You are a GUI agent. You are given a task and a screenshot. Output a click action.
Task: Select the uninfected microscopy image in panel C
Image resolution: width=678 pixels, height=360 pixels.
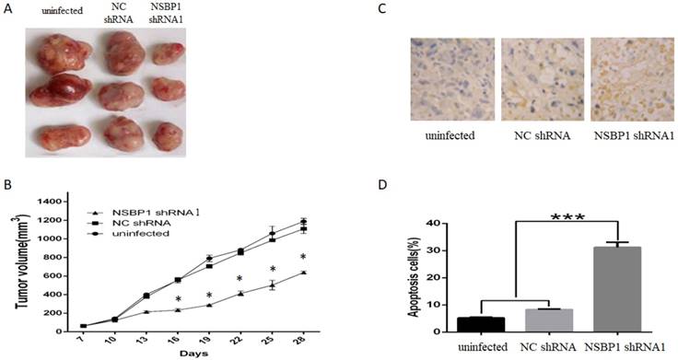[450, 84]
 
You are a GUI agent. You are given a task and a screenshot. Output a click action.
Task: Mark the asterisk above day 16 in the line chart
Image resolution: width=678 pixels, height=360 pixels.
[179, 300]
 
